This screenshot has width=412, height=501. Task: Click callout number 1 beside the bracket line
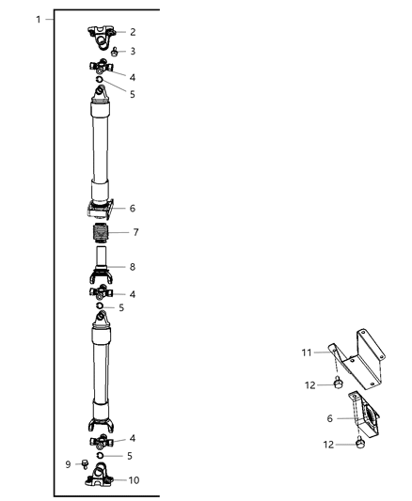coord(38,20)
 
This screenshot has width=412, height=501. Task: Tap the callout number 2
coord(133,32)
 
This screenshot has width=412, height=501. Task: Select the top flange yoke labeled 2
coord(102,32)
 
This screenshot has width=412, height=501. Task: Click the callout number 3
coord(133,52)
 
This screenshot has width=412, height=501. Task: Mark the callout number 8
coord(133,267)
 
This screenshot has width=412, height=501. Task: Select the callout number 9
coord(67,462)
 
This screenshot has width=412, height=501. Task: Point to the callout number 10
coord(135,480)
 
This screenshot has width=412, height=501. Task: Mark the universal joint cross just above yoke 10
coord(101,440)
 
